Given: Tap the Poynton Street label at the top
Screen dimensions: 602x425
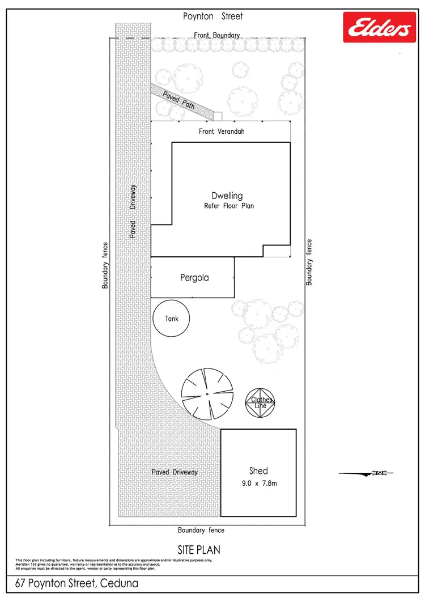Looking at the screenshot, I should [x=212, y=16].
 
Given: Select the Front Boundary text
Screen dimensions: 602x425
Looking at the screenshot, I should [x=217, y=35].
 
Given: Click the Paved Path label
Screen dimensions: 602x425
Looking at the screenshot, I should [x=179, y=99].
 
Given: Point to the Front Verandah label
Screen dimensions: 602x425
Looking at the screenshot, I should [x=221, y=132].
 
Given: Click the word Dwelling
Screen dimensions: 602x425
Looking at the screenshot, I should [x=227, y=196].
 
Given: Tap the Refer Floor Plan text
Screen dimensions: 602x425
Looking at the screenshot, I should [x=229, y=206].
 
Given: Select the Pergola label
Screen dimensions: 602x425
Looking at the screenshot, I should [x=194, y=278].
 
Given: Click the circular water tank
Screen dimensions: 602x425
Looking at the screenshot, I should [x=172, y=319].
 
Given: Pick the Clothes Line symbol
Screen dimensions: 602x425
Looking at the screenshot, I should [x=262, y=402].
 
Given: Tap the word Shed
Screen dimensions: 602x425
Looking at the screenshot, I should [x=258, y=470].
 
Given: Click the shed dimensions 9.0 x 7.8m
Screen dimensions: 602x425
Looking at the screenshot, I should [x=258, y=484].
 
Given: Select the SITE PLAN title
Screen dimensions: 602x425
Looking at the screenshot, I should [x=199, y=550].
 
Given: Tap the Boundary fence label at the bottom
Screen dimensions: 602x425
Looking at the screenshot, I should [x=201, y=531].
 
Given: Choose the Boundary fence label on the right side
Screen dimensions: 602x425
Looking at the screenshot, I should [x=309, y=262].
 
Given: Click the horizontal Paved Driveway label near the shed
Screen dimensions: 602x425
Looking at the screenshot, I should [x=175, y=472].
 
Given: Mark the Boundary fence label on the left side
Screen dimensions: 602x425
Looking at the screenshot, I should [x=105, y=265].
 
